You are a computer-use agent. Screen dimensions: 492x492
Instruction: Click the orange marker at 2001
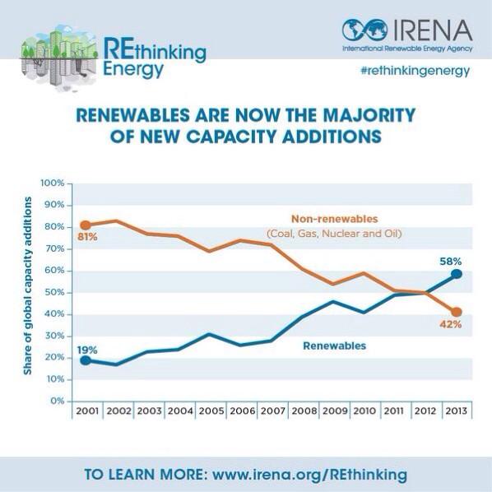(x=86, y=225)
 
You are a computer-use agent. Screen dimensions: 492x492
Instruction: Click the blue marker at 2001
(x=86, y=360)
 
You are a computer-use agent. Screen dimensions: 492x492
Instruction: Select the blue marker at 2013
(x=457, y=275)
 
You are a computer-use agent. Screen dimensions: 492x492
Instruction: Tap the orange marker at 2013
(x=457, y=312)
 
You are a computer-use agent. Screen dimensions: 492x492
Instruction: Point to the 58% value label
(x=449, y=260)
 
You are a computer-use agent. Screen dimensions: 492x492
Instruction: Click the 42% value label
(x=449, y=325)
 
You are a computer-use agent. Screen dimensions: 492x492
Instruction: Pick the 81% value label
(x=88, y=237)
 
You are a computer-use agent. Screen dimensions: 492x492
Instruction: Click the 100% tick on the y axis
(x=53, y=183)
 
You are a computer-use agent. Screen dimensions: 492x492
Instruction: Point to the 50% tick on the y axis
(x=54, y=292)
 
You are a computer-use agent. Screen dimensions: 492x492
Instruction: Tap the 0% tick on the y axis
(x=58, y=401)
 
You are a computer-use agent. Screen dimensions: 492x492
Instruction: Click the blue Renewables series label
(x=335, y=346)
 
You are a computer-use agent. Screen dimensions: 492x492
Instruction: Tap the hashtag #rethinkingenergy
(x=415, y=71)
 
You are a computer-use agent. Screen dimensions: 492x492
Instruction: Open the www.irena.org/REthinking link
(x=309, y=476)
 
